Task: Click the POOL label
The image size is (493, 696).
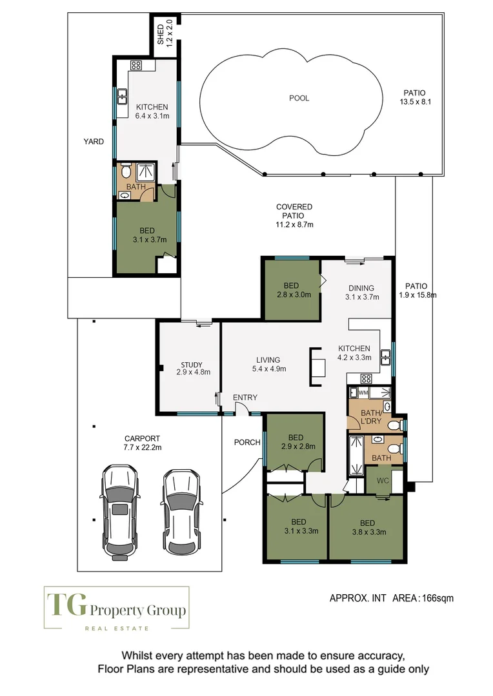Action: click(299, 99)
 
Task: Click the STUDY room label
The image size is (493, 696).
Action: click(192, 368)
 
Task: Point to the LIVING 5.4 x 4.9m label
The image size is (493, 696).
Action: click(268, 364)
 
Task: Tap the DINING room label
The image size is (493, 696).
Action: click(361, 293)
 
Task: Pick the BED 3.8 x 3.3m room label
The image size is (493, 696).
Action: click(368, 527)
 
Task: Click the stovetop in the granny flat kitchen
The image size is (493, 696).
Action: click(136, 64)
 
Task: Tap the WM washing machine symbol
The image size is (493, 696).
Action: click(363, 392)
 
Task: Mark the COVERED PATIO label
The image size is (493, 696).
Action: click(294, 216)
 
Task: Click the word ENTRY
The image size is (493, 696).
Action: click(245, 398)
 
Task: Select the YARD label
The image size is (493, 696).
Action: click(94, 142)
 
